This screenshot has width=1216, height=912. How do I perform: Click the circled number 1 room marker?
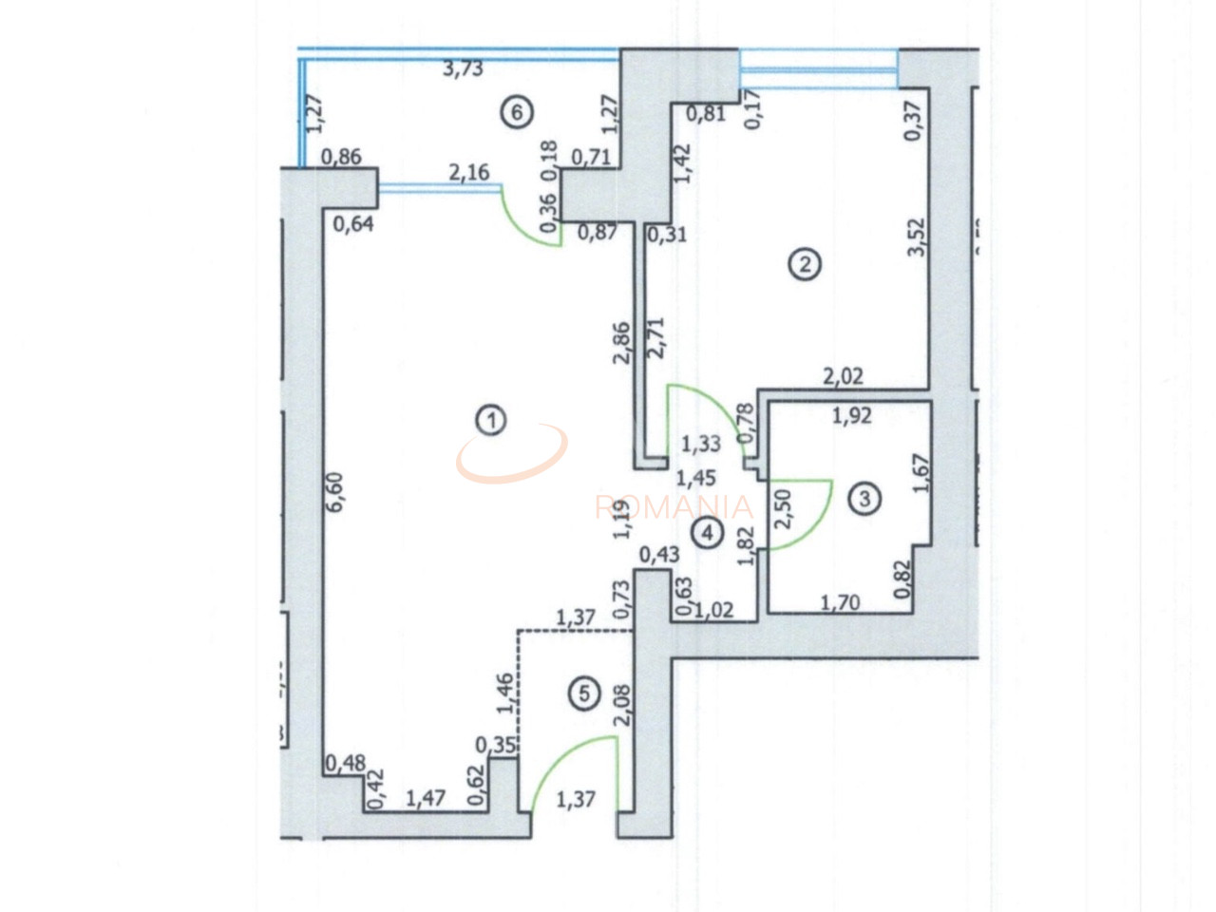pos(491,420)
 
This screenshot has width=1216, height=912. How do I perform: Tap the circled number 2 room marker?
pos(805,263)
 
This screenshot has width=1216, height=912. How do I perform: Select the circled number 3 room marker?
pos(864,498)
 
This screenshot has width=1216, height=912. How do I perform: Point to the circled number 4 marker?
pos(707,533)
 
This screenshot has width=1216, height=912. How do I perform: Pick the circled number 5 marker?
pos(583,694)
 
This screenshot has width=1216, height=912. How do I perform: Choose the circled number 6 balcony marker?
pos(516,113)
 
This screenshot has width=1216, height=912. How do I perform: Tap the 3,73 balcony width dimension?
pos(464,68)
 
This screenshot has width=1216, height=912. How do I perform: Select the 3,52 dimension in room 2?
pos(916,237)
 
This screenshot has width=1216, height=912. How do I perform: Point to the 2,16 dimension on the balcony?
pos(468,172)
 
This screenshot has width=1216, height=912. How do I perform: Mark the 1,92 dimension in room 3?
pos(851,415)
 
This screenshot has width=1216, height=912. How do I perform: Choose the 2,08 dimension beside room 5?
pos(622,705)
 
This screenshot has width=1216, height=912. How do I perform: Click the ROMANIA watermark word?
pos(674,507)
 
